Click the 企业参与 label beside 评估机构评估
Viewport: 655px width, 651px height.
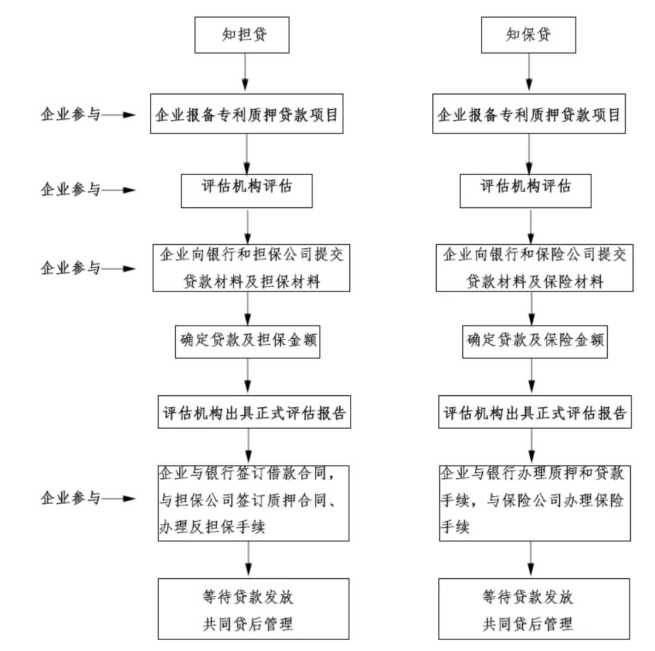point(70,189)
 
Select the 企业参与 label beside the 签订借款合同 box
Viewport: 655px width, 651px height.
point(70,498)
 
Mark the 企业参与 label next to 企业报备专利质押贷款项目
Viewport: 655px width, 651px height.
point(70,114)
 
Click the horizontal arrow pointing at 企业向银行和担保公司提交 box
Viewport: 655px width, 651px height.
point(119,269)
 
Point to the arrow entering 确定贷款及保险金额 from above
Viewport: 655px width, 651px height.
point(532,309)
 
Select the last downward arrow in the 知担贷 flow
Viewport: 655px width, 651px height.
point(249,559)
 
